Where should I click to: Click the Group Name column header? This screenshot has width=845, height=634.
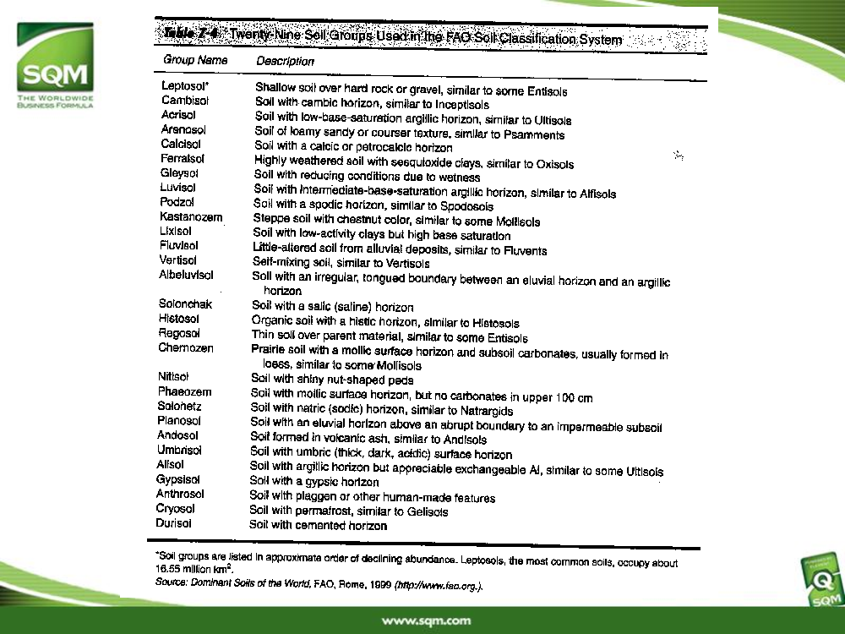[195, 60]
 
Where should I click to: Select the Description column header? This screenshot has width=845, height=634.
[285, 61]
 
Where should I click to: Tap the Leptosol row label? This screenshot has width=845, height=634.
[185, 86]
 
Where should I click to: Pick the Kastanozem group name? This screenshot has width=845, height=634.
[191, 217]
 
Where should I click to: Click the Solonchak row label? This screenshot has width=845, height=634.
[185, 304]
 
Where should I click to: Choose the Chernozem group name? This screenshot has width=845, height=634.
[185, 347]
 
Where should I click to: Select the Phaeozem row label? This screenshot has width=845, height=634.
[184, 391]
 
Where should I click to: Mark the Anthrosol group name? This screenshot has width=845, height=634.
[180, 494]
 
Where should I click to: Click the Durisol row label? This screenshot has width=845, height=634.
[173, 523]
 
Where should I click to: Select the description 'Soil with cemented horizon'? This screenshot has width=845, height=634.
[318, 526]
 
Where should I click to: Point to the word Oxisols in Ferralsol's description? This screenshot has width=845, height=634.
[555, 164]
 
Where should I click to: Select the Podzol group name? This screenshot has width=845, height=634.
[177, 202]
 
